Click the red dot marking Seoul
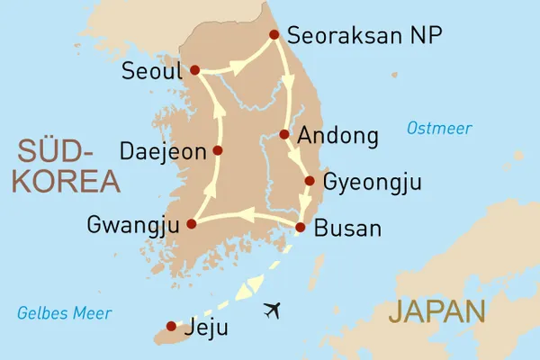pos(195,69)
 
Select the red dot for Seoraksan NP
pos(274,37)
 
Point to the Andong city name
pos(338,136)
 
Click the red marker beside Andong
pos(284,135)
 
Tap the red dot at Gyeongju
pos(310,181)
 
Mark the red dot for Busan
pos(300,228)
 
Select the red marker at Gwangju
pos(191,224)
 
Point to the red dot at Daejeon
pos(217,150)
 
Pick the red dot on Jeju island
pos(172,327)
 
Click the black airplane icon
pos(273,310)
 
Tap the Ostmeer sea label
pos(439,129)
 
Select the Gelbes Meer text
pos(65,313)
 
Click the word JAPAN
pos(438,312)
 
